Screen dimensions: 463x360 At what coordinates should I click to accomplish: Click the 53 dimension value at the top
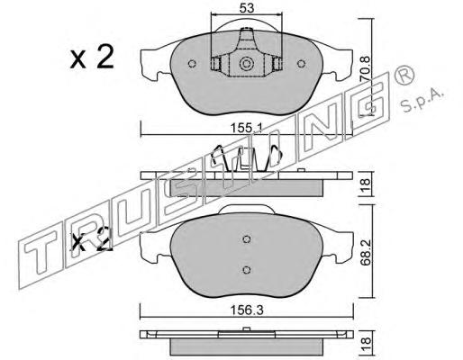[247, 8]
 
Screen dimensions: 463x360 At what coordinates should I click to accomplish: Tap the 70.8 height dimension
[366, 68]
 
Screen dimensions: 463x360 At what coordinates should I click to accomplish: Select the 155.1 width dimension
[246, 129]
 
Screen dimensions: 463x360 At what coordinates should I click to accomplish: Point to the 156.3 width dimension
[247, 310]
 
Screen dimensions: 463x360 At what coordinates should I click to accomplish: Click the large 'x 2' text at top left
[92, 57]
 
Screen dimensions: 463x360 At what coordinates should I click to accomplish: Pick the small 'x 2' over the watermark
[91, 239]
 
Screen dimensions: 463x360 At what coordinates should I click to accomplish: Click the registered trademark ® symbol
[404, 76]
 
